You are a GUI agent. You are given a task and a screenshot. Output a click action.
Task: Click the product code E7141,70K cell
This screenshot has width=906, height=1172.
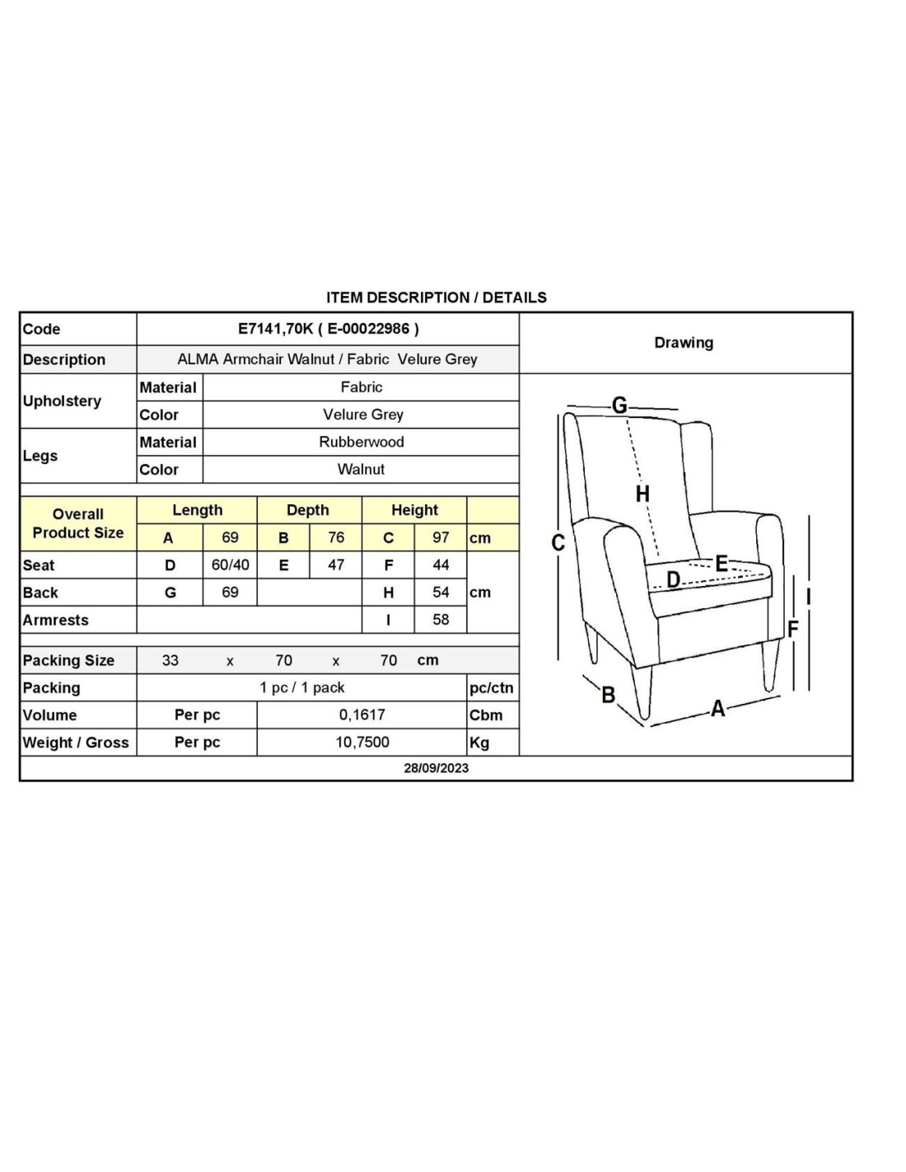coord(328,328)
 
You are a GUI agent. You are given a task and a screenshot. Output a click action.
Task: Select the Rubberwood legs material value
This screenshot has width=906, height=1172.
coord(361,442)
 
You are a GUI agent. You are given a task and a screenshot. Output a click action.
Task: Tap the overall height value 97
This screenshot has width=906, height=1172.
coord(441,537)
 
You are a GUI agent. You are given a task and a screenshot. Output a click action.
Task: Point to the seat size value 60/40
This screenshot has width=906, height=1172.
coord(230,565)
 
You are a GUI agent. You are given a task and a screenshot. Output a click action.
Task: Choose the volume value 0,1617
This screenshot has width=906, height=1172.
coord(362,715)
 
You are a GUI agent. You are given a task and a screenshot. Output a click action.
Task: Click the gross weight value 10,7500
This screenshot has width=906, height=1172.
coord(362,742)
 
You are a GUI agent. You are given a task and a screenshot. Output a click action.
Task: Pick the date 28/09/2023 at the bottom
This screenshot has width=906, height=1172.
coord(436,767)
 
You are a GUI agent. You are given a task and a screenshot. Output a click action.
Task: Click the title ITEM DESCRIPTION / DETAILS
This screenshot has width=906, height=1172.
coord(436,298)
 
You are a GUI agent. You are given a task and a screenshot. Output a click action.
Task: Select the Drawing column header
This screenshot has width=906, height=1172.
coord(684,343)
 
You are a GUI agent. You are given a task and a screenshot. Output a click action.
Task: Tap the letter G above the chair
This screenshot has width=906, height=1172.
coord(619,405)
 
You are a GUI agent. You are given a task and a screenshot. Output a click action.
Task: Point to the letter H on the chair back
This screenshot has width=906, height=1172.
coord(642,494)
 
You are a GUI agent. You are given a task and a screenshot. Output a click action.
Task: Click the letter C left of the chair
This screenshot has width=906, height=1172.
coord(558,542)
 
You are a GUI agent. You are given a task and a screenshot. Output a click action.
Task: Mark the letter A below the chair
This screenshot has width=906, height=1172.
coord(718,708)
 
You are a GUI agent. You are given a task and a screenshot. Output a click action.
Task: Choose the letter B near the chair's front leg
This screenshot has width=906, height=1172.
coord(608,695)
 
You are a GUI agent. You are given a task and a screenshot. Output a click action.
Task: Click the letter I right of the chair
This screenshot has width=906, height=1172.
coord(809,596)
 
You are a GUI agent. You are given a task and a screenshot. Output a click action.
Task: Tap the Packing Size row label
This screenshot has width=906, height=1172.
coord(68,660)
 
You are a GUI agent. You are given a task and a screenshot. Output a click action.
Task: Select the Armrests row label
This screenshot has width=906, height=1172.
coord(55,620)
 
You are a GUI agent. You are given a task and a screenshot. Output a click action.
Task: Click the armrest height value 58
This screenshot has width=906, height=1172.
coord(441,619)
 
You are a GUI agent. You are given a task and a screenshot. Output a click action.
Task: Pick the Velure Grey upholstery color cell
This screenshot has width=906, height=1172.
coord(362,415)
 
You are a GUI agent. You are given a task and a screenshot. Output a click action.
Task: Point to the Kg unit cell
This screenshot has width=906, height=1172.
coord(479,743)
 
